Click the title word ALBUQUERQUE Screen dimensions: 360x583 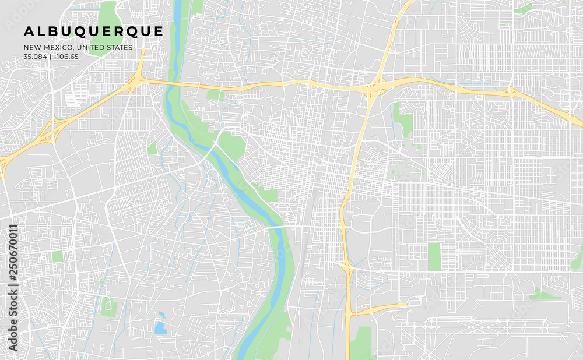coord(94,31)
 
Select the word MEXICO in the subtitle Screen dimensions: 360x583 coord(58,47)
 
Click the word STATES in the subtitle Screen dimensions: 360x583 coord(121,47)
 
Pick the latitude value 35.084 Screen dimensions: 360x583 coord(35,57)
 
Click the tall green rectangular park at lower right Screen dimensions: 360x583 coord(434,257)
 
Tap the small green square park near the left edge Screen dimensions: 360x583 coord(57,256)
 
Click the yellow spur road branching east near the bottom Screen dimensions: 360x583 coord(382,308)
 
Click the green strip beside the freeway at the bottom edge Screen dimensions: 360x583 coord(361,344)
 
